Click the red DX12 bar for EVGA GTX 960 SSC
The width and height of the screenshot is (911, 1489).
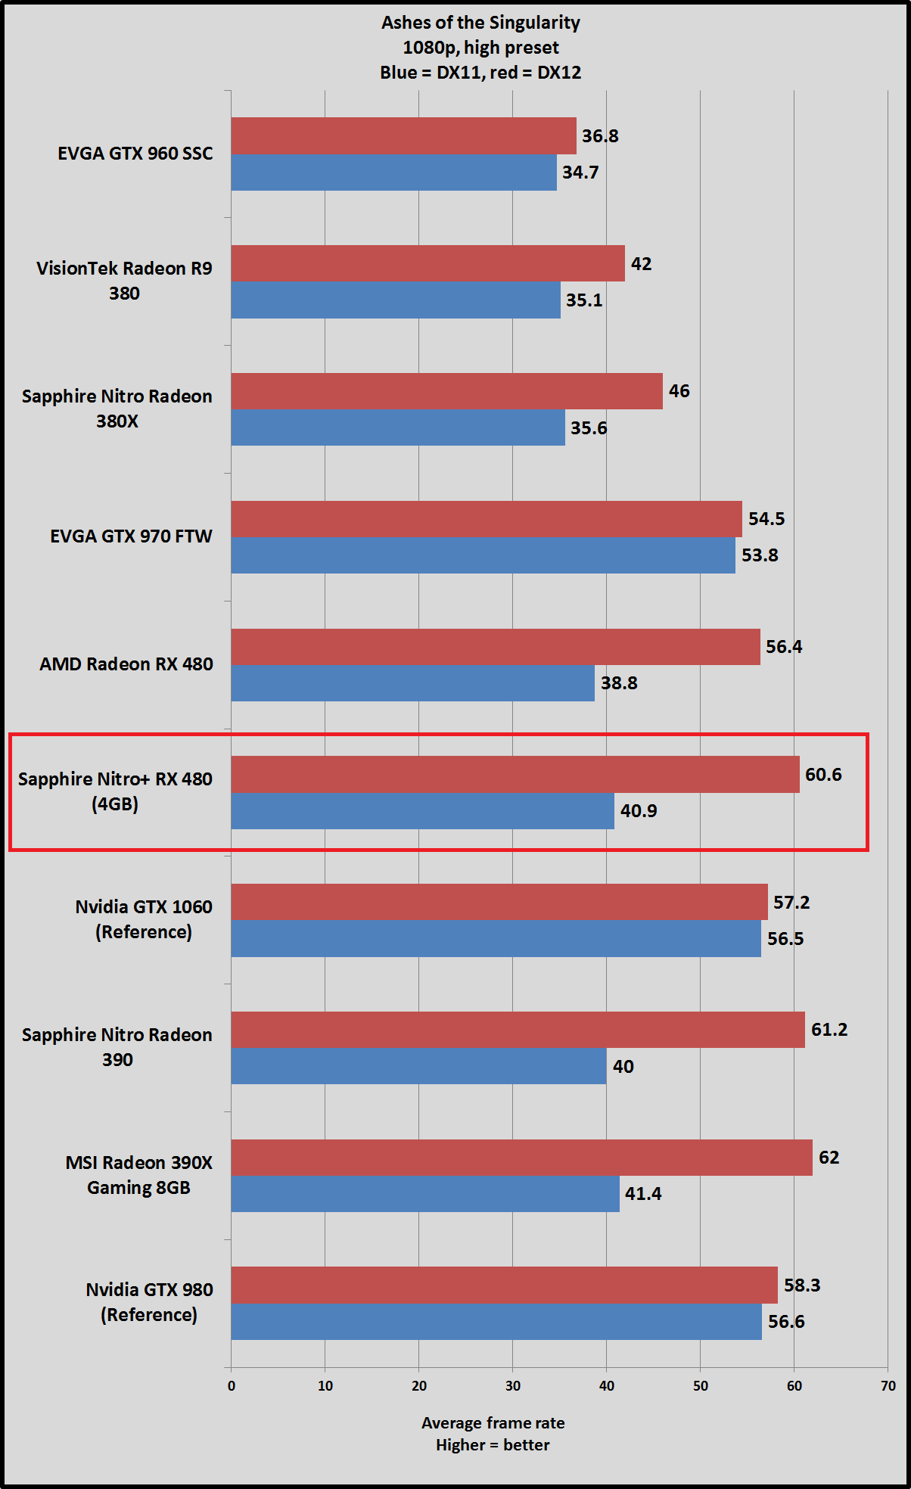coord(403,136)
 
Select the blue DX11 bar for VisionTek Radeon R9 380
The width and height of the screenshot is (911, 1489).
coord(396,300)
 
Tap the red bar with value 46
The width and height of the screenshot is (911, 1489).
coord(446,391)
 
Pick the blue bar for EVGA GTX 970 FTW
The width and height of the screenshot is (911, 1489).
coord(483,555)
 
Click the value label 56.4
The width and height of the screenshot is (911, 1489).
coord(784,647)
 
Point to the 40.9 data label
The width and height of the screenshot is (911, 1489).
coord(639,811)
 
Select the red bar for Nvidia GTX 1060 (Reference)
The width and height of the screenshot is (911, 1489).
coord(499,902)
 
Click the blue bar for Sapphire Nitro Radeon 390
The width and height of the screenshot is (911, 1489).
coord(418,1066)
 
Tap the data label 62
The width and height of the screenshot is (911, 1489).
coord(829,1158)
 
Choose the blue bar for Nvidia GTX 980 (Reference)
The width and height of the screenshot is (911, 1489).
coord(496,1322)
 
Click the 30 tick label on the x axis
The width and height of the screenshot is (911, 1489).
coord(513,1386)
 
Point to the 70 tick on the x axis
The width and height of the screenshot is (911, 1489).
coord(888,1386)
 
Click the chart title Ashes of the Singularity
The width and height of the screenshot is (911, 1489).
coord(480,23)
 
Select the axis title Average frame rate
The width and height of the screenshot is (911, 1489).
coord(493,1422)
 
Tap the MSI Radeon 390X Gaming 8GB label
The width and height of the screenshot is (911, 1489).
coord(139,1175)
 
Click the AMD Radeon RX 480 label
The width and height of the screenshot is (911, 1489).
coord(126,664)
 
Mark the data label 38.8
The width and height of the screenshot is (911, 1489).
coord(619,683)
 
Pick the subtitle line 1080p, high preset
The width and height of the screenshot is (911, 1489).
coord(480,48)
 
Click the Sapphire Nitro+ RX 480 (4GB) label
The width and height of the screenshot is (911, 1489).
coord(115,791)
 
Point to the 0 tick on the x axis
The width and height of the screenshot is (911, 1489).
coord(232,1386)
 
